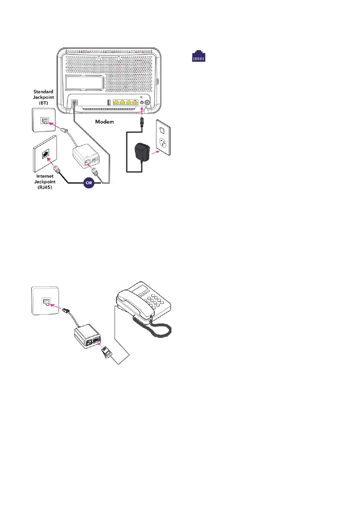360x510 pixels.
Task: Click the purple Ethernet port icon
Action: pyautogui.click(x=198, y=57)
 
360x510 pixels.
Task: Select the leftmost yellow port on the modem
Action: pyautogui.click(x=115, y=102)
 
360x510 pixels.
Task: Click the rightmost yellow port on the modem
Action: pyautogui.click(x=135, y=102)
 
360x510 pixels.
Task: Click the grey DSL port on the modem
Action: pyautogui.click(x=75, y=103)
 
